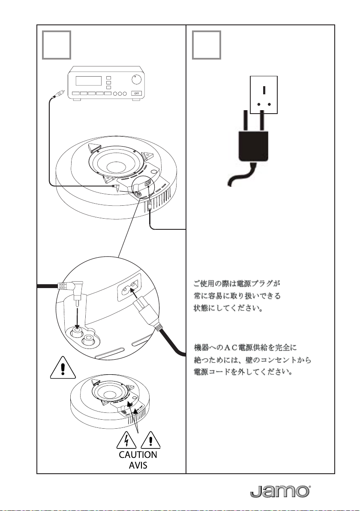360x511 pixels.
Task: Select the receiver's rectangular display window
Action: click(89, 81)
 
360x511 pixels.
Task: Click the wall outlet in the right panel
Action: click(264, 94)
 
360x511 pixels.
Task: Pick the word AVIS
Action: click(138, 465)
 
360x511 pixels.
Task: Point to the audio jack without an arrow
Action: click(90, 341)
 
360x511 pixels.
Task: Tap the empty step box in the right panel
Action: click(207, 45)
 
